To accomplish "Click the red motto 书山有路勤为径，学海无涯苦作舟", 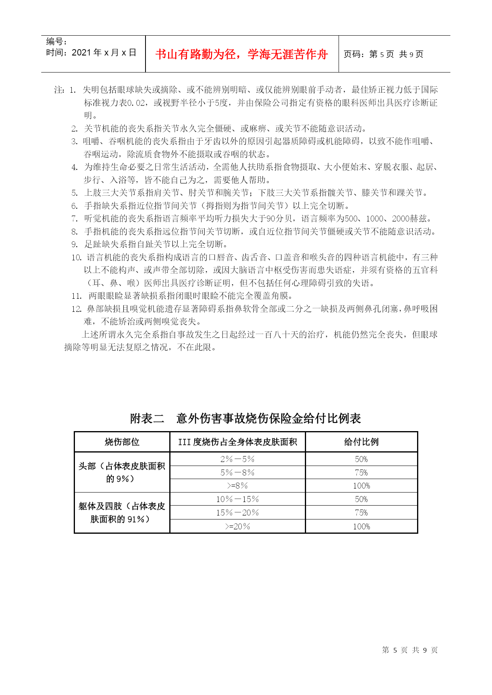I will (241, 54).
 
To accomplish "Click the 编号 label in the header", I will (56, 42).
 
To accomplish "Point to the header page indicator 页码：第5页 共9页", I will (383, 54).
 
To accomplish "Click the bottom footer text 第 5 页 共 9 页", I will (410, 650).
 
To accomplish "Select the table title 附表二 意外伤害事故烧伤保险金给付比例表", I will (245, 418).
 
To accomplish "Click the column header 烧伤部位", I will (122, 442).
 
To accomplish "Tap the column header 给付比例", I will (361, 442).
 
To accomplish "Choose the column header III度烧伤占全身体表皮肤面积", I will (237, 442).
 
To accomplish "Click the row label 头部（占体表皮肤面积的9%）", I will (122, 472).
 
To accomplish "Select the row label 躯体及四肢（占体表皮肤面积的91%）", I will (122, 513).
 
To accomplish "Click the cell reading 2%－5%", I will (237, 459).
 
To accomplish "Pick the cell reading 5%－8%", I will (237, 473).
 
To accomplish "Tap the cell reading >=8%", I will (237, 486).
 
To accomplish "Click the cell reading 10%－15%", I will (237, 499).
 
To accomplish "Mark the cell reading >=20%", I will (237, 527).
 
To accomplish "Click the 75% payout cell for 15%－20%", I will (361, 513).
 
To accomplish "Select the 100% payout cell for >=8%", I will (361, 486).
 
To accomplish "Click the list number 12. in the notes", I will (77, 309).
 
